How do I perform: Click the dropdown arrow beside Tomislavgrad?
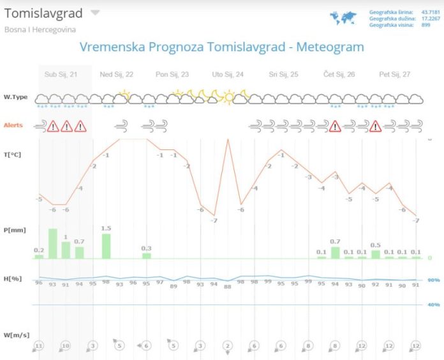pyautogui.click(x=94, y=13)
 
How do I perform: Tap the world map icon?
pyautogui.click(x=343, y=18)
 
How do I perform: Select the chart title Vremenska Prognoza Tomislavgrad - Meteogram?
pyautogui.click(x=221, y=47)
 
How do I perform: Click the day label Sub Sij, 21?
pyautogui.click(x=61, y=75)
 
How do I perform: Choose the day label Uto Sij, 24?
pyautogui.click(x=228, y=75)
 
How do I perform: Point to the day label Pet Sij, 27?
pyautogui.click(x=394, y=75)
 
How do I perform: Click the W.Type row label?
pyautogui.click(x=16, y=98)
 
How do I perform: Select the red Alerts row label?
pyautogui.click(x=13, y=125)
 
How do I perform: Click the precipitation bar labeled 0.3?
pyautogui.click(x=147, y=255)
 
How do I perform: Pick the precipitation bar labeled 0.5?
pyautogui.click(x=376, y=254)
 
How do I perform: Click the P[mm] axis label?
pyautogui.click(x=15, y=230)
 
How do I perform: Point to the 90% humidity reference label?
pyautogui.click(x=434, y=280)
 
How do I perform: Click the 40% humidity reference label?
pyautogui.click(x=434, y=305)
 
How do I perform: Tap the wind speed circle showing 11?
pyautogui.click(x=39, y=345)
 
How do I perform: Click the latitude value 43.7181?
pyautogui.click(x=430, y=12)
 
